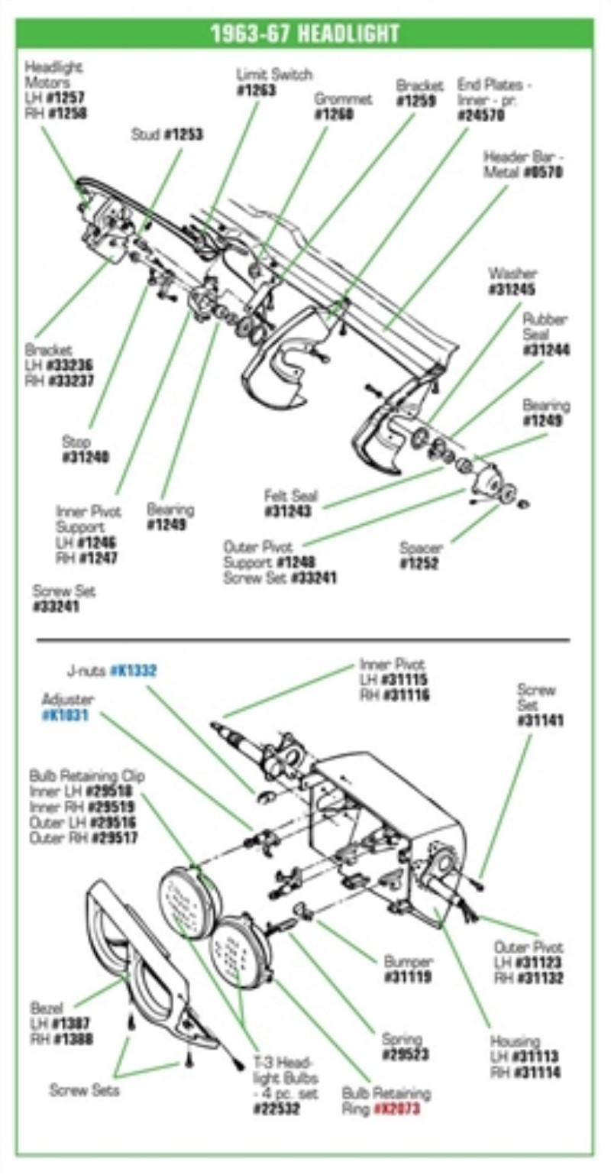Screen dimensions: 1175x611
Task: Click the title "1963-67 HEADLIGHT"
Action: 305,34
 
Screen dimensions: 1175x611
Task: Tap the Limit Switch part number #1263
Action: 256,90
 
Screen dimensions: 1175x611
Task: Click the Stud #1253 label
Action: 166,135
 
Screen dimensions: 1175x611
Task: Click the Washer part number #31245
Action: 512,290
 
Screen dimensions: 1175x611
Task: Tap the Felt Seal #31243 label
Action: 291,504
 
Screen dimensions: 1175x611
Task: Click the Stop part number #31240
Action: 86,457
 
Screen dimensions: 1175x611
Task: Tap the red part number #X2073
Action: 397,1109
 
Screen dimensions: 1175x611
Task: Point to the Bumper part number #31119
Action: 408,977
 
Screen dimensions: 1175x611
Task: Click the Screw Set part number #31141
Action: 540,720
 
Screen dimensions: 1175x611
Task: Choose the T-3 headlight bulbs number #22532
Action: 276,1107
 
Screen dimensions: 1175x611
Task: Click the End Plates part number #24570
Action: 481,115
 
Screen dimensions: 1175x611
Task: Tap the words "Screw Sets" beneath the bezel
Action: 84,1090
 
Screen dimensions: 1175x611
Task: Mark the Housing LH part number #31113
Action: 535,1057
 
